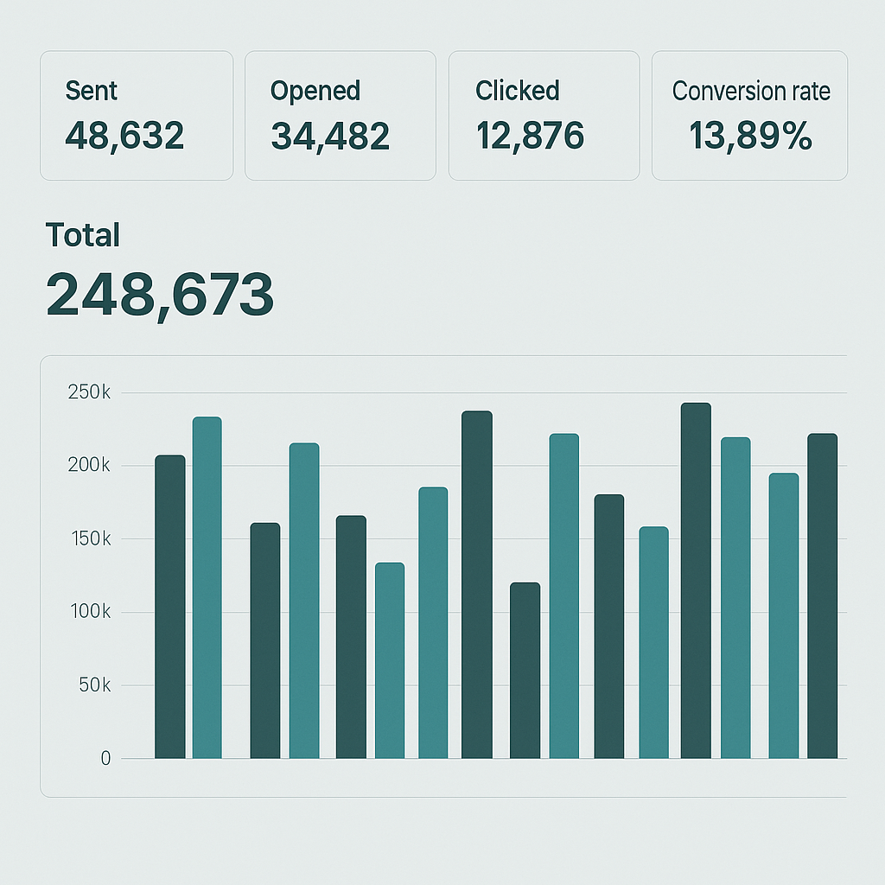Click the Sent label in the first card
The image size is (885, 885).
91,91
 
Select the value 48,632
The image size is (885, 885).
124,136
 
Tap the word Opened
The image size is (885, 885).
315,91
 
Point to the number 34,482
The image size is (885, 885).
329,136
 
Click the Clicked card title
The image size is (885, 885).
517,91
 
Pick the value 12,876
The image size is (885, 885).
530,136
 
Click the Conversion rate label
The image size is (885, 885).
750,91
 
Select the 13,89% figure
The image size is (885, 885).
750,136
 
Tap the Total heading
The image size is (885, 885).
82,235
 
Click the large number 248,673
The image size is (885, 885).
160,294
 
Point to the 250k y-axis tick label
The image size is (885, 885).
89,392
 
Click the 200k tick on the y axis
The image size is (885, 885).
89,466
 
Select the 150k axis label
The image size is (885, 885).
89,538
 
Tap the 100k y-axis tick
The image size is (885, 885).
89,612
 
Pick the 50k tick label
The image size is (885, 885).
94,685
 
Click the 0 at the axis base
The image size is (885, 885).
105,759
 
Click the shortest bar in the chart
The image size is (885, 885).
525,671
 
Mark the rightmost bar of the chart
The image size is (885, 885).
822,596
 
